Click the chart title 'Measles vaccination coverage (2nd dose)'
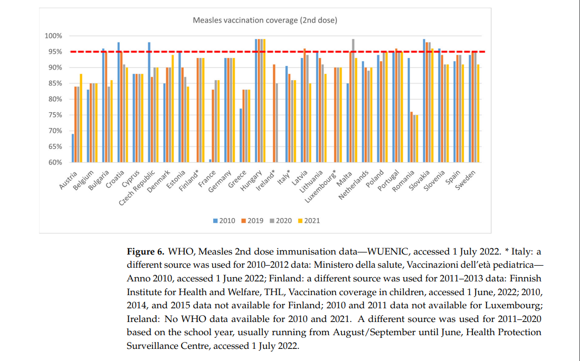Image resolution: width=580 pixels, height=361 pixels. tap(264, 21)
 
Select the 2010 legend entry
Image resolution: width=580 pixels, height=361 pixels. tap(224, 221)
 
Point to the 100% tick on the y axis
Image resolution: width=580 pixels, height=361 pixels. tap(53, 36)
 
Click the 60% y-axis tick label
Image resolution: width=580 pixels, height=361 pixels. tap(54, 162)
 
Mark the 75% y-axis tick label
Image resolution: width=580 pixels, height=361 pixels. tap(54, 115)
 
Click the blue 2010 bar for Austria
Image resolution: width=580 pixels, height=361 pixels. tap(73, 148)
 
